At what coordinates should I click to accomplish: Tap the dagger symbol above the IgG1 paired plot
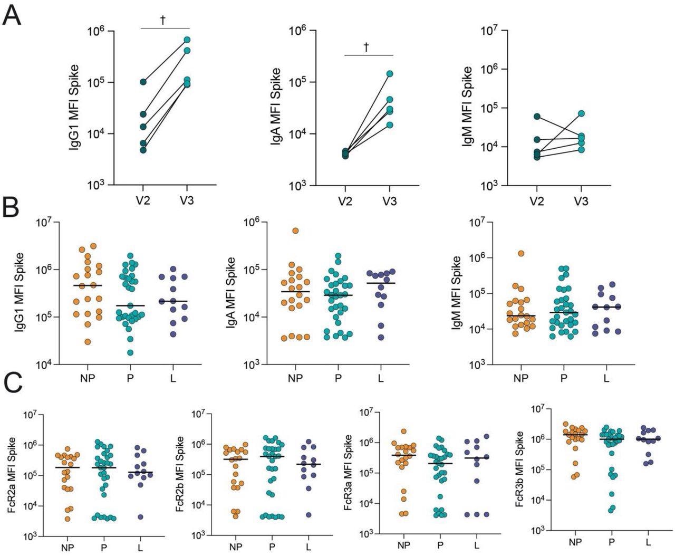pos(163,20)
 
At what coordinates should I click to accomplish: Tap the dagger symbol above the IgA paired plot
pos(367,46)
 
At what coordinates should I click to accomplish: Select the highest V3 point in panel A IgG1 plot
pos(187,40)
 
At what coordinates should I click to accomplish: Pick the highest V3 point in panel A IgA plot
pos(390,74)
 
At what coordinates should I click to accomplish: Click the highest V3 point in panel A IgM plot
pos(581,113)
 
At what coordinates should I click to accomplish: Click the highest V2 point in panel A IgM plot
pos(536,116)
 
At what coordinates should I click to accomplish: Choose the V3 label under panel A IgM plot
pos(581,201)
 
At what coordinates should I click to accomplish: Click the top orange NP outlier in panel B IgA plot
pos(296,231)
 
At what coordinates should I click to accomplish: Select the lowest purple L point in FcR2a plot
pos(140,517)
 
